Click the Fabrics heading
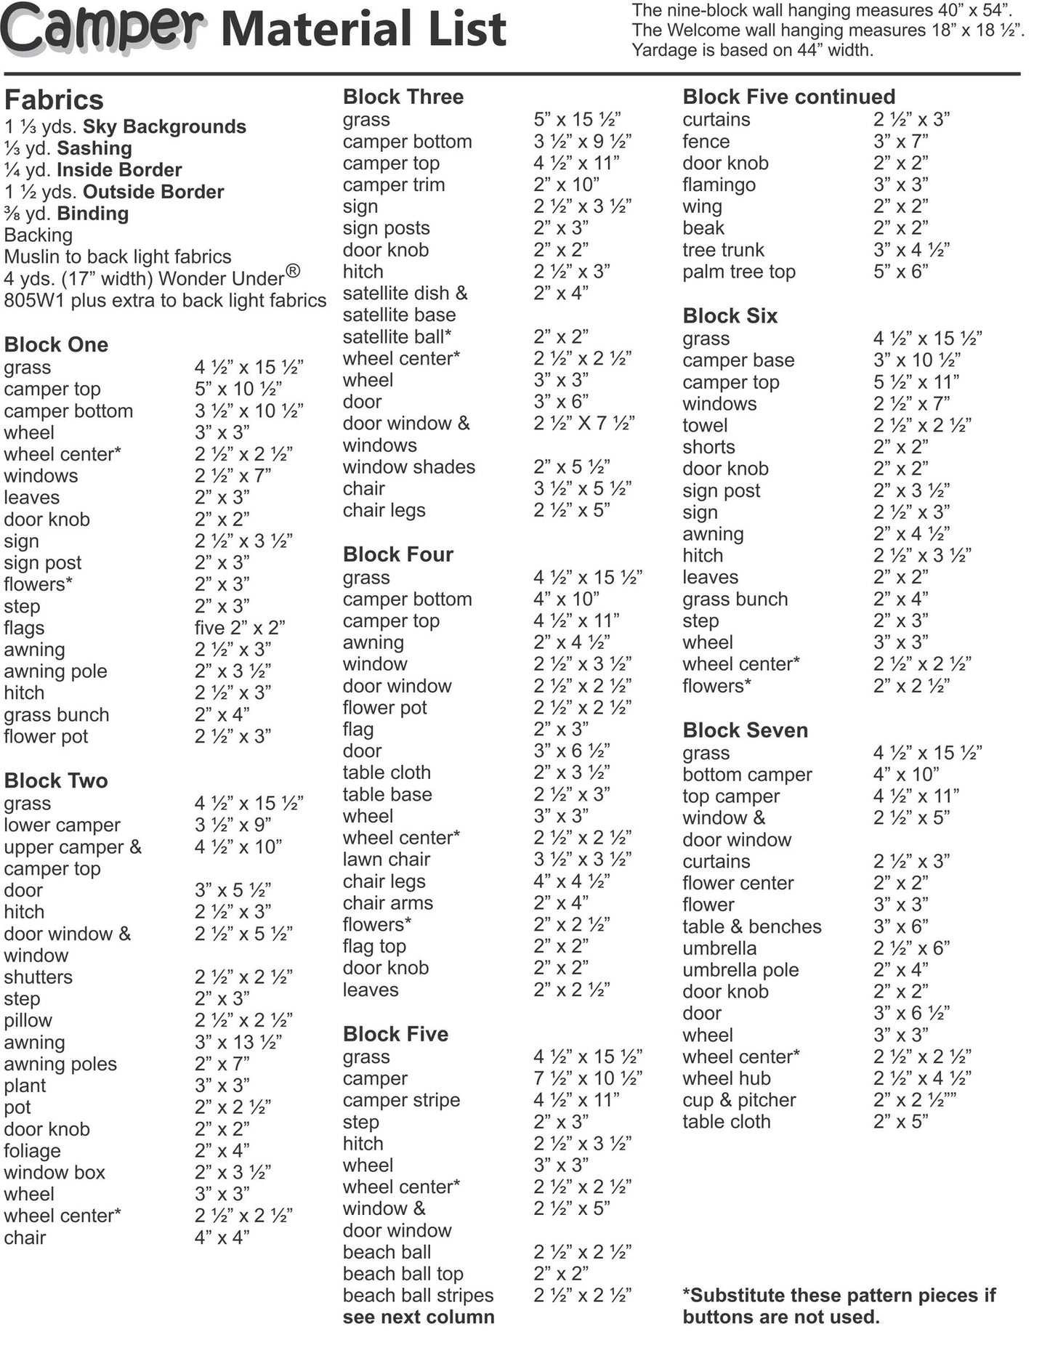tap(54, 100)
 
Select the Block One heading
tap(56, 344)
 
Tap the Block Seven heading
tap(745, 730)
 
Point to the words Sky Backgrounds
tap(164, 126)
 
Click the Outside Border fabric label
tap(153, 192)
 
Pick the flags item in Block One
tap(24, 628)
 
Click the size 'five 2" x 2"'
tap(239, 628)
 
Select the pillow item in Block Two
tap(28, 1020)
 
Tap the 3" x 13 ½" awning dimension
tap(238, 1042)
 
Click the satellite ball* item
tap(397, 336)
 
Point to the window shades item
tap(408, 467)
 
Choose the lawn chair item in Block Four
tap(386, 860)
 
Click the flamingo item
tap(719, 185)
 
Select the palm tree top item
tap(738, 272)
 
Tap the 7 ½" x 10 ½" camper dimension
tap(587, 1078)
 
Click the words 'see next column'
tap(418, 1317)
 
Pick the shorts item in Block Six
tap(708, 447)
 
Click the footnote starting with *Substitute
tap(839, 1306)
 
